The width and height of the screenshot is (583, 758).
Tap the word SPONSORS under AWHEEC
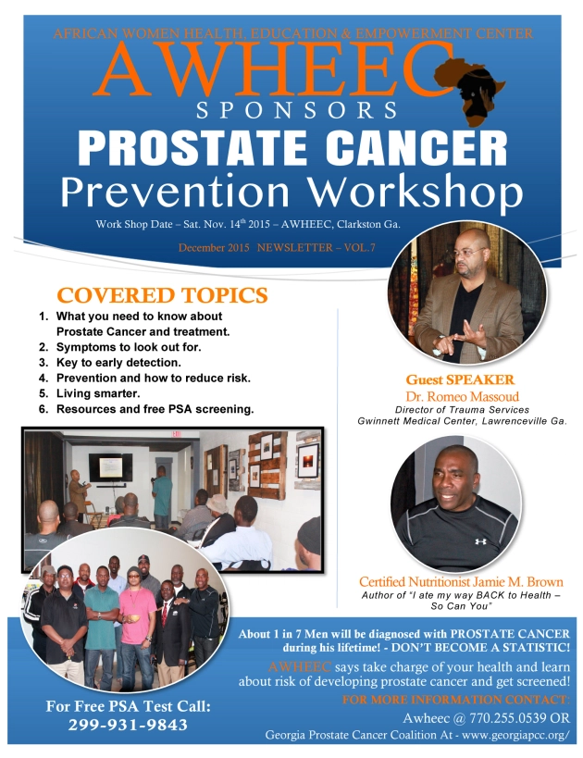(x=297, y=110)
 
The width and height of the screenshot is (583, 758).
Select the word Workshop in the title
(x=416, y=192)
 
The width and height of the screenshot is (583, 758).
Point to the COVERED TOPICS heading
(x=163, y=295)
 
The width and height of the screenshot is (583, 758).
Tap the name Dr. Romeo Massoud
(x=462, y=397)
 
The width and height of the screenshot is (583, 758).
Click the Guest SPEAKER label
(x=460, y=380)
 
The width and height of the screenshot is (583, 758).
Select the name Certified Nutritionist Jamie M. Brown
(x=461, y=581)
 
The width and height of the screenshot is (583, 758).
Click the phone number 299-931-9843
(x=128, y=725)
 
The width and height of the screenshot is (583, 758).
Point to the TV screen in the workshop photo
(x=110, y=467)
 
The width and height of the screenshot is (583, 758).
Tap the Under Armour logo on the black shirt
(x=480, y=541)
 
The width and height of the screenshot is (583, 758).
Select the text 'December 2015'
(x=214, y=248)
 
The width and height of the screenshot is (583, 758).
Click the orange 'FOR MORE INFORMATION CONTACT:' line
(x=456, y=700)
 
